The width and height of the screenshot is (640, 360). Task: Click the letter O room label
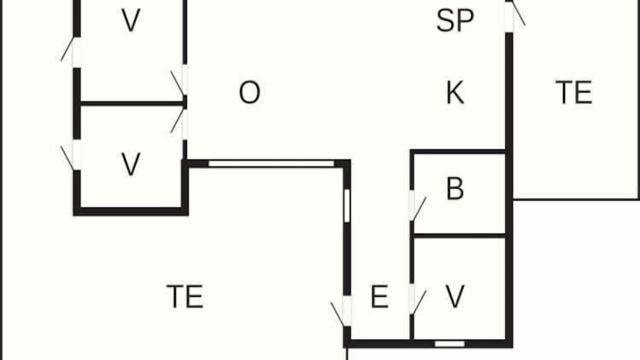249,92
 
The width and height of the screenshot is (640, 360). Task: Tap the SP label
455,20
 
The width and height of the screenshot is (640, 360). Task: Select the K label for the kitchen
455,92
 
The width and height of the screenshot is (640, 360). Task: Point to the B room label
455,188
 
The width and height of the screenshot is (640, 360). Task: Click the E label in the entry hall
379,296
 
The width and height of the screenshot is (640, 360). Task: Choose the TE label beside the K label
573,92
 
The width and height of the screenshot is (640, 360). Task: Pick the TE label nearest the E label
185,296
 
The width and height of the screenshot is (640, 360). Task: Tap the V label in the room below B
455,296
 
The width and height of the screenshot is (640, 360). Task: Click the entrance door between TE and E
341,311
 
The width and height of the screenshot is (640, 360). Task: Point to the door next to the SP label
515,15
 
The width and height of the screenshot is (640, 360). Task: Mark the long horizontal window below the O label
271,163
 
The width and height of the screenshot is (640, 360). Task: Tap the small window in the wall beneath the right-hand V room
449,343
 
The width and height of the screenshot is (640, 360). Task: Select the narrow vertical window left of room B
347,205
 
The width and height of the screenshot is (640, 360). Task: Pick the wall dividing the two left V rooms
132,103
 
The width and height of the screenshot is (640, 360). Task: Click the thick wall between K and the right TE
509,91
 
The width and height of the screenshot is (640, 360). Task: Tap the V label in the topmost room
131,20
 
